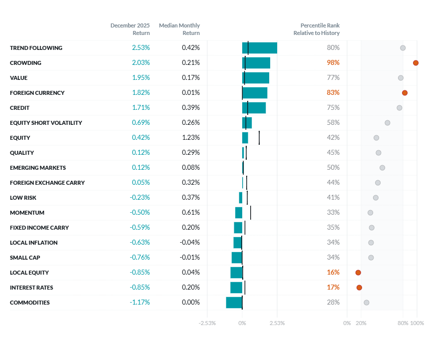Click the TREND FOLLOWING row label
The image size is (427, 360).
pyautogui.click(x=36, y=48)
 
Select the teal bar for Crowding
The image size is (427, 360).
pyautogui.click(x=256, y=63)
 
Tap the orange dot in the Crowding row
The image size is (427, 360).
pyautogui.click(x=416, y=63)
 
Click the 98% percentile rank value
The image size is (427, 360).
pyautogui.click(x=333, y=63)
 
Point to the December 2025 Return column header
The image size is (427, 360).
pyautogui.click(x=130, y=29)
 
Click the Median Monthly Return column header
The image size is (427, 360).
pyautogui.click(x=179, y=29)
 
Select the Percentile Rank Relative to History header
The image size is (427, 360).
pyautogui.click(x=317, y=29)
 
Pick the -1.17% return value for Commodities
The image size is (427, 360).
pyautogui.click(x=140, y=303)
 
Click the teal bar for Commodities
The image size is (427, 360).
pyautogui.click(x=234, y=303)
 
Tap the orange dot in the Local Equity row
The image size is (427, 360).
pyautogui.click(x=358, y=273)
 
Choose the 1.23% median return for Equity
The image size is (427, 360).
pyautogui.click(x=190, y=138)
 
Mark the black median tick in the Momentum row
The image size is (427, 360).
pyautogui.click(x=250, y=213)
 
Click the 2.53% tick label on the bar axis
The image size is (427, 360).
pyautogui.click(x=277, y=323)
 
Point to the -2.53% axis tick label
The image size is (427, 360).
pyautogui.click(x=207, y=323)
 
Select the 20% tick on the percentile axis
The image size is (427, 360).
pyautogui.click(x=361, y=323)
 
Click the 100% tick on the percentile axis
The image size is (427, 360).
pyautogui.click(x=417, y=323)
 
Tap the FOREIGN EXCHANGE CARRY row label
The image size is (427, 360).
pyautogui.click(x=47, y=183)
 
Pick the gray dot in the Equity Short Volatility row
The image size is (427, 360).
pyautogui.click(x=388, y=123)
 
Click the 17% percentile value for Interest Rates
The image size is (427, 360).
pyautogui.click(x=333, y=288)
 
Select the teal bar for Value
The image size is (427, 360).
pyautogui.click(x=256, y=78)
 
